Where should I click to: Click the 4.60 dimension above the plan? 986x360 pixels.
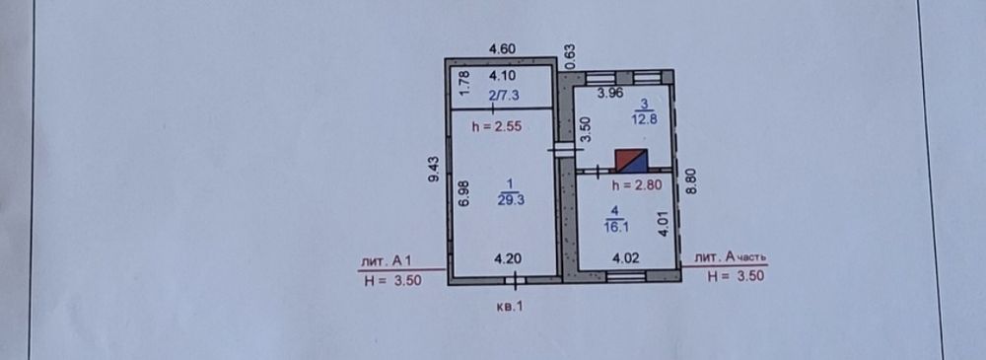503,47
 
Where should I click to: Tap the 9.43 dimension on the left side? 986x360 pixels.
434,169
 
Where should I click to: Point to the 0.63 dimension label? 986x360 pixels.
571,56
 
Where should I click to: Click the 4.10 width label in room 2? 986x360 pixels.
503,76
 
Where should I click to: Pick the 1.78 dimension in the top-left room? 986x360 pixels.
464,82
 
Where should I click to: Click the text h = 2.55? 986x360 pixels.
497,126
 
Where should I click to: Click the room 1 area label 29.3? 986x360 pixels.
511,200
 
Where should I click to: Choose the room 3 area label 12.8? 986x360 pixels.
645,121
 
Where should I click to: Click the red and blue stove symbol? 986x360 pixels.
631,161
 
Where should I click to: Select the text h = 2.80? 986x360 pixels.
638,185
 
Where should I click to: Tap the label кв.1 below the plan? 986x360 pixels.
510,307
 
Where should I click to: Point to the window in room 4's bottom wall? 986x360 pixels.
626,275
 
